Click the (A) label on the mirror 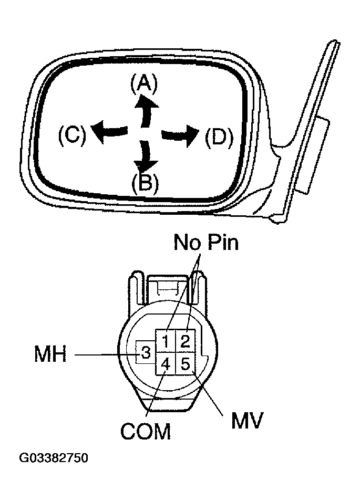point(143,84)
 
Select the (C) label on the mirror point(71,135)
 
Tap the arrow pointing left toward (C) point(110,130)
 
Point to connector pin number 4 point(165,363)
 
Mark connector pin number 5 point(184,363)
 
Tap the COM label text point(146,432)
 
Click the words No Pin point(205,243)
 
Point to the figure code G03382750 point(54,458)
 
